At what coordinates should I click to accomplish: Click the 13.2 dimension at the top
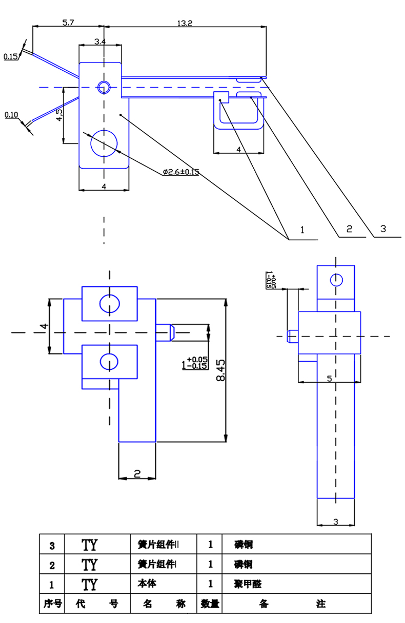pos(185,23)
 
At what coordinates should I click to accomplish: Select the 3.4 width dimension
pos(100,41)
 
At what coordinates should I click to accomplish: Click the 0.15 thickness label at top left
pos(11,57)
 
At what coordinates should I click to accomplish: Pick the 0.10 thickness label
pos(11,115)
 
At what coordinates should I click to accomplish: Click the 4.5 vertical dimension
pos(59,115)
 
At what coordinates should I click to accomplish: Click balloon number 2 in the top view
pos(349,229)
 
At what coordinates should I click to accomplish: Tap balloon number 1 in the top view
pos(302,230)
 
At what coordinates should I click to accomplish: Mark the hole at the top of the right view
pos(336,280)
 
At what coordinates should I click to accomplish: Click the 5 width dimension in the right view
pos(329,378)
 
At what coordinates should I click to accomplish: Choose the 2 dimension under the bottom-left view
pos(137,474)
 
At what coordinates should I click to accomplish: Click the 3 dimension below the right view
pos(336,522)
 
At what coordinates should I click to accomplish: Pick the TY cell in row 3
pos(90,544)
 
